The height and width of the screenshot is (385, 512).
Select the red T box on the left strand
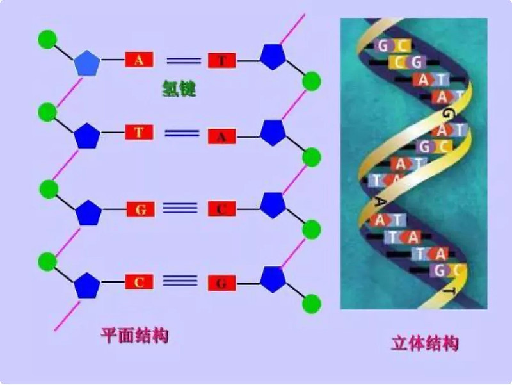(139, 133)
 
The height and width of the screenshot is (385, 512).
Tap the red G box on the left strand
(140, 209)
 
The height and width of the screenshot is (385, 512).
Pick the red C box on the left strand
(139, 282)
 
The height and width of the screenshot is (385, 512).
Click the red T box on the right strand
(222, 61)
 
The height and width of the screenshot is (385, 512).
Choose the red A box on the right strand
(222, 135)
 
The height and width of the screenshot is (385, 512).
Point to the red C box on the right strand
(222, 209)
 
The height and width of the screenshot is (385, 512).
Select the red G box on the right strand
(222, 283)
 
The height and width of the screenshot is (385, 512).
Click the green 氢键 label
(179, 90)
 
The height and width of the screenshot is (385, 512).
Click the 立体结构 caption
(425, 343)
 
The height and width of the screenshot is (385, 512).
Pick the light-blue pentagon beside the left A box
(87, 62)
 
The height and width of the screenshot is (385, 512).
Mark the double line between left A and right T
(184, 61)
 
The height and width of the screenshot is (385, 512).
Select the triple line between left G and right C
(180, 208)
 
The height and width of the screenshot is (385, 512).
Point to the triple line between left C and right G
(180, 281)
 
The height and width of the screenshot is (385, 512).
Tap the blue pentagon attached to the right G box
(273, 279)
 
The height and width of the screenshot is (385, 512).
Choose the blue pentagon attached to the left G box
(88, 212)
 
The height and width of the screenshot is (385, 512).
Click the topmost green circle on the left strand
(47, 39)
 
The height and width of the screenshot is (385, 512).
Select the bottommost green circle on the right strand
(312, 303)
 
